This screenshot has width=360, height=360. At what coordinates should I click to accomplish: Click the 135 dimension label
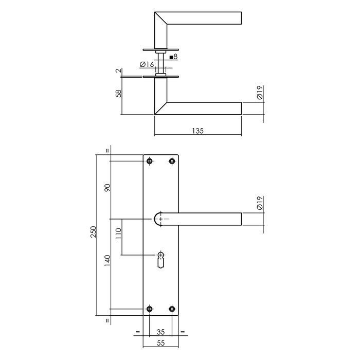tap(199, 131)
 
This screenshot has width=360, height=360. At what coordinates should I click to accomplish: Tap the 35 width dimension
tap(161, 332)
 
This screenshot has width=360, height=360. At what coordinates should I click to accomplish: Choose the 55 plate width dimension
tap(161, 341)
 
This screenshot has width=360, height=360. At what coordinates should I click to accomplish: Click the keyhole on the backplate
tap(161, 257)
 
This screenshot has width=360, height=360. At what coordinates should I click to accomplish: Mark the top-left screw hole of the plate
tap(150, 161)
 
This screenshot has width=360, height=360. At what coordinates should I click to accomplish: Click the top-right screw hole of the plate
tap(172, 161)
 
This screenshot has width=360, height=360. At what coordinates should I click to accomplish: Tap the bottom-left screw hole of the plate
tap(150, 309)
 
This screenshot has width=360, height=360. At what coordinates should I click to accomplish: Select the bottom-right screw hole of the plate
tap(172, 309)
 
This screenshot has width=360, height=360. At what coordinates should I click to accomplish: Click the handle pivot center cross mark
tap(162, 220)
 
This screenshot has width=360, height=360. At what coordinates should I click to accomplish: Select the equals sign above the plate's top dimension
tap(107, 151)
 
